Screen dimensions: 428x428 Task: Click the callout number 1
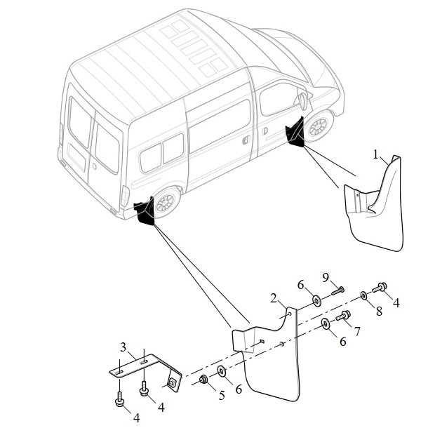376,155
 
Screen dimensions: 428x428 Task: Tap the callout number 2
274,298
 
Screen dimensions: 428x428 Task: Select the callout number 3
123,347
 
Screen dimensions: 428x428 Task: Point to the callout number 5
222,395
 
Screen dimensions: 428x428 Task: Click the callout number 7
357,331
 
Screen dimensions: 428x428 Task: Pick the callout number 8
379,312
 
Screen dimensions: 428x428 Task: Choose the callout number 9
326,278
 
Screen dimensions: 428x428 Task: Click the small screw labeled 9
338,291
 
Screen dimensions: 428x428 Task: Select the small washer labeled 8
363,295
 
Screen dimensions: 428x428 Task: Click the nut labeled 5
203,379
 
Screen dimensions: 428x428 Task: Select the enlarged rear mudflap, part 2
270,363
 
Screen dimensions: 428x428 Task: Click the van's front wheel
319,126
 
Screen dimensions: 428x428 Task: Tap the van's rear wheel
166,203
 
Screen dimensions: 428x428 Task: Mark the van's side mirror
303,101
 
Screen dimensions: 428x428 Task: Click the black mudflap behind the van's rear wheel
145,211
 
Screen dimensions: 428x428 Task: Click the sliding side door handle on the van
246,140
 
